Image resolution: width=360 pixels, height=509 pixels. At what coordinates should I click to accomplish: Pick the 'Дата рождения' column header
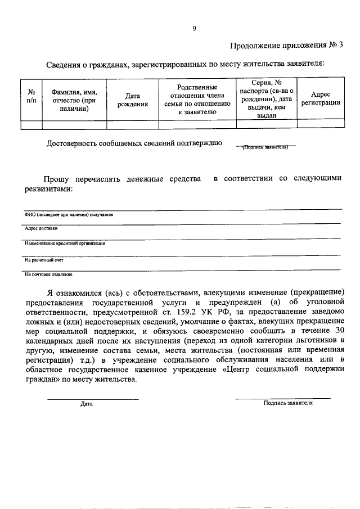click(x=133, y=100)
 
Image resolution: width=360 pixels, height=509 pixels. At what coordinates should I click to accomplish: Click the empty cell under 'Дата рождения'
click(x=133, y=125)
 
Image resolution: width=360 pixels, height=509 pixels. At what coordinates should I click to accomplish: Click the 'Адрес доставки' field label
click(x=40, y=228)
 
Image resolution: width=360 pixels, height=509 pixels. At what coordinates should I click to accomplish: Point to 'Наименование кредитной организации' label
click(x=65, y=244)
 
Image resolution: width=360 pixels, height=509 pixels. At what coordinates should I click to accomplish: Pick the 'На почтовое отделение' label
click(x=48, y=274)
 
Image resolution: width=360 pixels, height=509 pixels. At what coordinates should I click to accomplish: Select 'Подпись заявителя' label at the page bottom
click(x=288, y=403)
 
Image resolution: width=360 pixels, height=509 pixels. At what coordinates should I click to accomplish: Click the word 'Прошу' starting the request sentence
click(x=57, y=179)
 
